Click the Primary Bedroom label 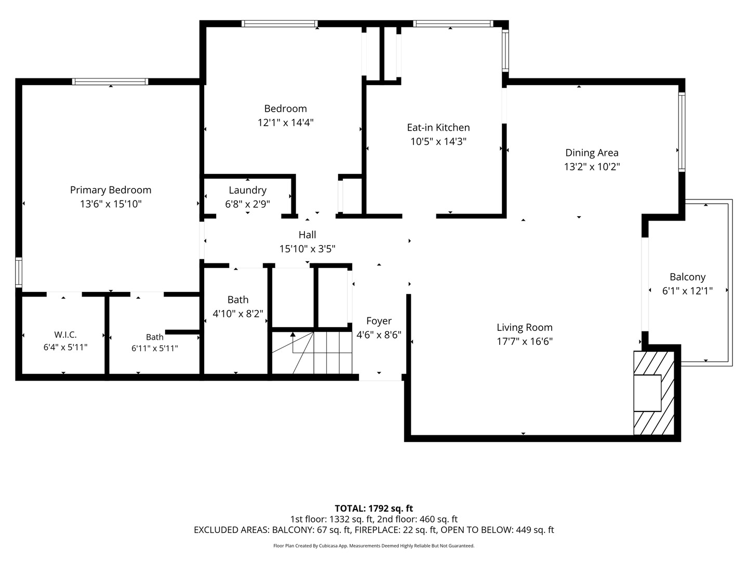(x=111, y=190)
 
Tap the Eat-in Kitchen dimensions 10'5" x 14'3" (x=438, y=141)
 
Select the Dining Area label (x=592, y=153)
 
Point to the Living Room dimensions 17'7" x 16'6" (x=525, y=341)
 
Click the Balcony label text (x=687, y=277)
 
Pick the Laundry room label (x=247, y=191)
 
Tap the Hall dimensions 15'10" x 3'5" (x=308, y=249)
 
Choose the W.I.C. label (x=65, y=334)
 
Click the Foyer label (x=379, y=321)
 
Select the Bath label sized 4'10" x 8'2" (x=238, y=300)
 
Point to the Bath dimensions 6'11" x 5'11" (x=155, y=349)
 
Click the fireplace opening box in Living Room (x=647, y=393)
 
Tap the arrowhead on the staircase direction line (x=293, y=335)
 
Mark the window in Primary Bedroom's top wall (x=110, y=82)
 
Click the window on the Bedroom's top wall (x=280, y=23)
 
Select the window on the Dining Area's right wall (x=682, y=132)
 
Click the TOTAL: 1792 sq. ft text (x=374, y=509)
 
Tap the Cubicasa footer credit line (x=374, y=546)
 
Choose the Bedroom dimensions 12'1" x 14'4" (x=286, y=123)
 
